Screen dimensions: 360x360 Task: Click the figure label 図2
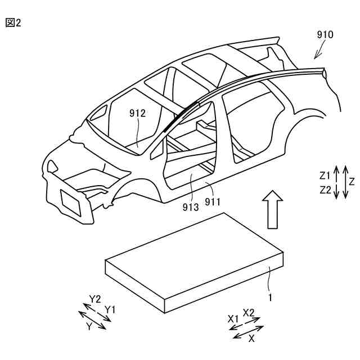point(13,23)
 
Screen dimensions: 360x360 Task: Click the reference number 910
point(325,35)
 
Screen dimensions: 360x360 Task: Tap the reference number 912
point(137,113)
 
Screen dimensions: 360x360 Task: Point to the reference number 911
point(213,200)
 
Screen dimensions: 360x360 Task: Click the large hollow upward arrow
point(273,209)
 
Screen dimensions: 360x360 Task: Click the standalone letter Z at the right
point(352,182)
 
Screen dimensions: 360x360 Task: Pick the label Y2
point(94,299)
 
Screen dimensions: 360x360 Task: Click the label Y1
point(110,309)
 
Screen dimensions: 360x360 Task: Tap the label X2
point(249,312)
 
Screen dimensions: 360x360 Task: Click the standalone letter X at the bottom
point(251,339)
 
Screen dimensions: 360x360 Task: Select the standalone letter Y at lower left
point(88,326)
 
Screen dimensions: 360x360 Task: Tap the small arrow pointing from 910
point(319,52)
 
